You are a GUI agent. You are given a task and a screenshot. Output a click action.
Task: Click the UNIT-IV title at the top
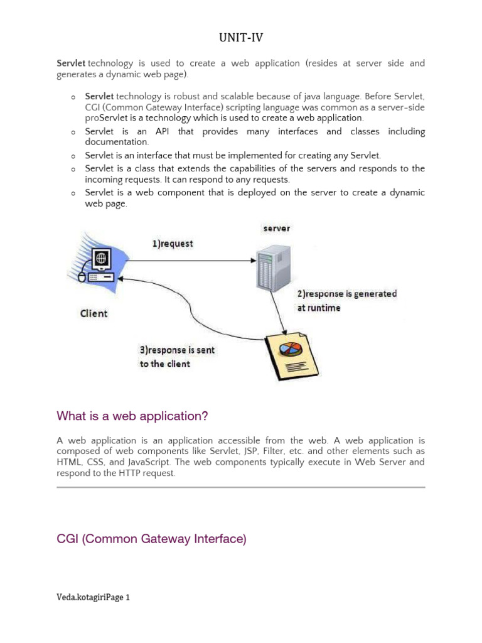tap(241, 38)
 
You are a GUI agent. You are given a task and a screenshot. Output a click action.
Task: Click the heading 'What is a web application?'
tap(132, 416)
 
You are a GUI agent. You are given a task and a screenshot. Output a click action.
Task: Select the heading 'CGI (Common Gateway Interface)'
tap(151, 539)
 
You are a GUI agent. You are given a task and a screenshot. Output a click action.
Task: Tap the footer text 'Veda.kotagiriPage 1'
tap(93, 598)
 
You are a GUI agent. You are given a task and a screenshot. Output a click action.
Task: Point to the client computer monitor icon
tap(102, 258)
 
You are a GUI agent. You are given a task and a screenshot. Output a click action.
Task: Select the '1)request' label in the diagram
tap(173, 244)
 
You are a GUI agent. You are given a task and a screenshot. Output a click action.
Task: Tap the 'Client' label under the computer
tap(94, 313)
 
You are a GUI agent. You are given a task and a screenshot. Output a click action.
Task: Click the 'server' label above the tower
tap(276, 228)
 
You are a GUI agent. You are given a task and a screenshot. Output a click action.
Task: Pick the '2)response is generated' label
tap(346, 294)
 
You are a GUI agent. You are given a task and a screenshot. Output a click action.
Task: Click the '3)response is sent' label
tap(177, 350)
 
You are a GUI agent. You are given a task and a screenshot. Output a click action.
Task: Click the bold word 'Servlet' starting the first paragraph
tap(71, 63)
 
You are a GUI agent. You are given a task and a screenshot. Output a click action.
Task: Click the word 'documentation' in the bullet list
tap(117, 143)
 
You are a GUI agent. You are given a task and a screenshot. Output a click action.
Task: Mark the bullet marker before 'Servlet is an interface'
tap(73, 156)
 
